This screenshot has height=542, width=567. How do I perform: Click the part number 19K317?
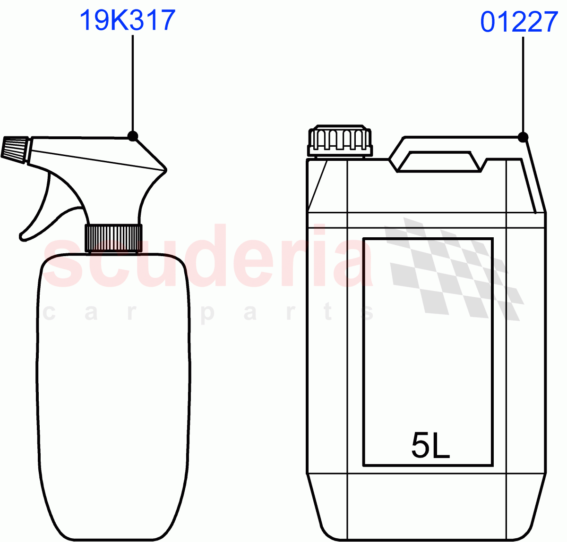tap(128, 21)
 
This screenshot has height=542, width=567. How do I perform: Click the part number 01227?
tap(519, 22)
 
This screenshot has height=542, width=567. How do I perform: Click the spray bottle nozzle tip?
tap(14, 149)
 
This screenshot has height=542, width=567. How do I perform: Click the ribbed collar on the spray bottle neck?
tap(113, 238)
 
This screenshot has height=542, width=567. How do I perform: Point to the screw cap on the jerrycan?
tap(340, 141)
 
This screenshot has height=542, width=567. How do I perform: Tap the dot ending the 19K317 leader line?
tap(133, 136)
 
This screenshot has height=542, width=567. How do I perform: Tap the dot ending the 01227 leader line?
tap(523, 137)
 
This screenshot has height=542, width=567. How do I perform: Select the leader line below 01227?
tap(523, 85)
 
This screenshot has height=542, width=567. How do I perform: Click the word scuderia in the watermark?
tap(208, 259)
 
